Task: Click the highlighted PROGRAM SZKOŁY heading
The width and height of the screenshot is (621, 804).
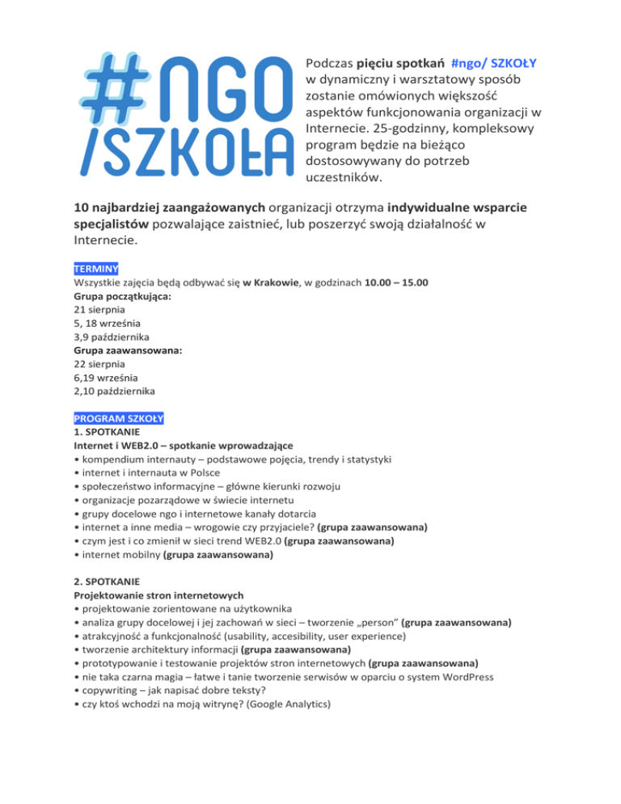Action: click(x=118, y=418)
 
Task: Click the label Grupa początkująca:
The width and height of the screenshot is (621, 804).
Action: click(x=117, y=295)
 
